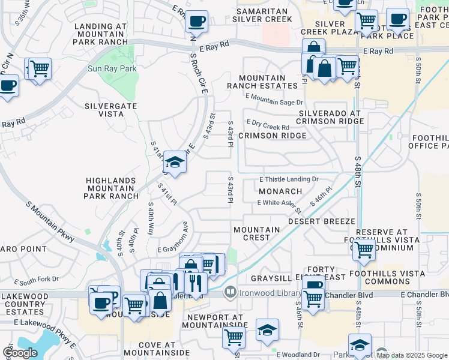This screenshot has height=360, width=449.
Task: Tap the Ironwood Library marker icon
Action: (229, 292)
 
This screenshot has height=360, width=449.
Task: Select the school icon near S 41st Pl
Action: (175, 162)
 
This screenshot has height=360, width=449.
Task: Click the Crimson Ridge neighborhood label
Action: (272, 136)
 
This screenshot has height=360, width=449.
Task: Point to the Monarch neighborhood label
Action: (280, 191)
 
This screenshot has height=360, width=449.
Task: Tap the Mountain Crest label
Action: (257, 233)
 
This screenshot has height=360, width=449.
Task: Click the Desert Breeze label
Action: (322, 221)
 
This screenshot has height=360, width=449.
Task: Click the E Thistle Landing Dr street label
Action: (288, 179)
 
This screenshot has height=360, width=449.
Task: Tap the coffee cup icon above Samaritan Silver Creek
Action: (196, 22)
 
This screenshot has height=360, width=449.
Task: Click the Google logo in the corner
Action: (20, 353)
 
